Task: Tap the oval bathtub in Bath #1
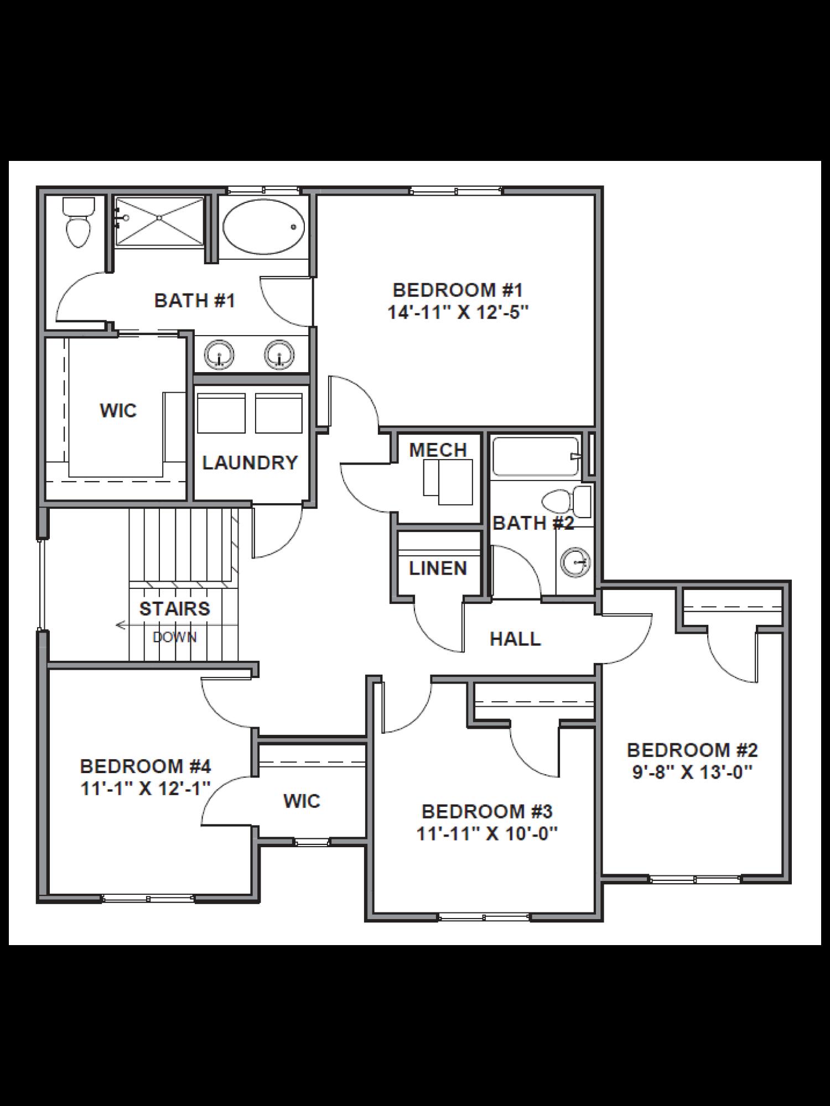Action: point(263,227)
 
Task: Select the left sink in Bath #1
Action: point(219,354)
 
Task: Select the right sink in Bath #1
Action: point(279,354)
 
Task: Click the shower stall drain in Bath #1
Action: point(159,218)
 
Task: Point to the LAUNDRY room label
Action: point(250,462)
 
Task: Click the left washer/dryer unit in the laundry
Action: point(221,413)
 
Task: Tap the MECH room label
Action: point(438,450)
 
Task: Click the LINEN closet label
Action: point(438,568)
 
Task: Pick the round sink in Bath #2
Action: point(575,562)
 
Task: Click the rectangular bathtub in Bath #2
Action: point(536,457)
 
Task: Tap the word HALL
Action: point(515,639)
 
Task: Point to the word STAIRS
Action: point(174,608)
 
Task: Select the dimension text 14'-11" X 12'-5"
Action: point(458,312)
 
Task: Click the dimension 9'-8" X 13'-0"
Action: point(692,771)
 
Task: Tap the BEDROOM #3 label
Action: point(487,811)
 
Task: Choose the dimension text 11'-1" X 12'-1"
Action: point(146,788)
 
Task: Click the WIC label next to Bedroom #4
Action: point(302,801)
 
